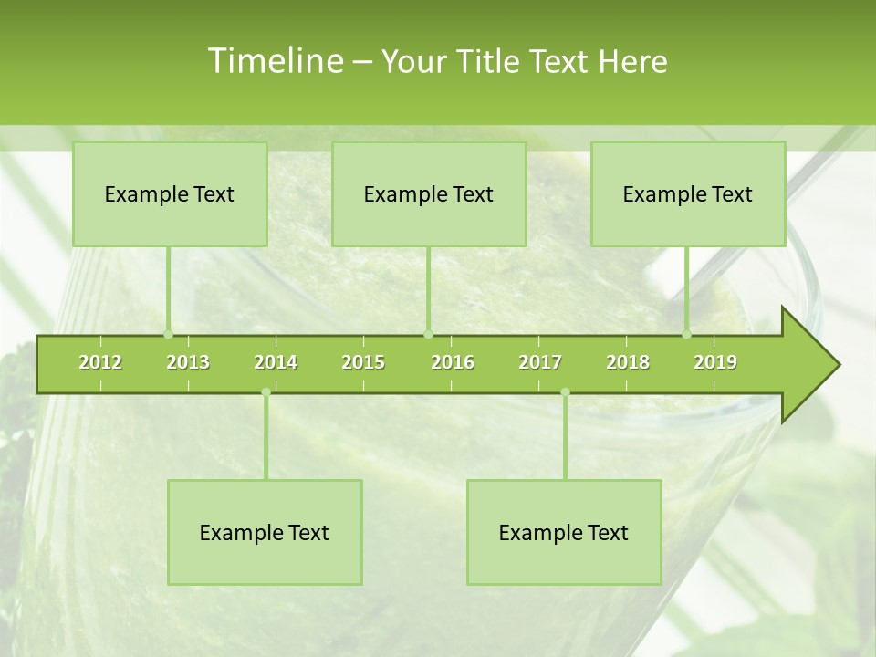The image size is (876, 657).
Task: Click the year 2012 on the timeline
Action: coord(100,362)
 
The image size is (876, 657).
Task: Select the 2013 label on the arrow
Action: coord(188,362)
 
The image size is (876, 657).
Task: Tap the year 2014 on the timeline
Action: coord(276,362)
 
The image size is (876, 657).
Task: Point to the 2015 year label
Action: coord(363,362)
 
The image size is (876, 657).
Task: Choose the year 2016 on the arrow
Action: coord(453,362)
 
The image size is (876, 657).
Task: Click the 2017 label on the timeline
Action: coord(540,362)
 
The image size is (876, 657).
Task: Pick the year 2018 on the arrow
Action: coord(628,362)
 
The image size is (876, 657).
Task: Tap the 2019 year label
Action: coord(715,362)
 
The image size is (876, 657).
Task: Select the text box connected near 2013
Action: coord(170,193)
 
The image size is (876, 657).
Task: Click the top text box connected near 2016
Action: coord(429,193)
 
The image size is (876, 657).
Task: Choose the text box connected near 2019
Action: coord(688,193)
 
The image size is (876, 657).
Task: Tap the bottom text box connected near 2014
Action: coord(265,532)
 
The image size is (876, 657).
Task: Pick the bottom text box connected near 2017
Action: coord(564,532)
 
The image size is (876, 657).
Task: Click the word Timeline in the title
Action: coord(275,61)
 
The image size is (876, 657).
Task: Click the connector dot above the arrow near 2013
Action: coord(168,334)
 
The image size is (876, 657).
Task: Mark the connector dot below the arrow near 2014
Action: coord(266,392)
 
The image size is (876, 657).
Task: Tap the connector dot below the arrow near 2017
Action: coord(565,392)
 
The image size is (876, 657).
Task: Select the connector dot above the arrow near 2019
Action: coord(687,334)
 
